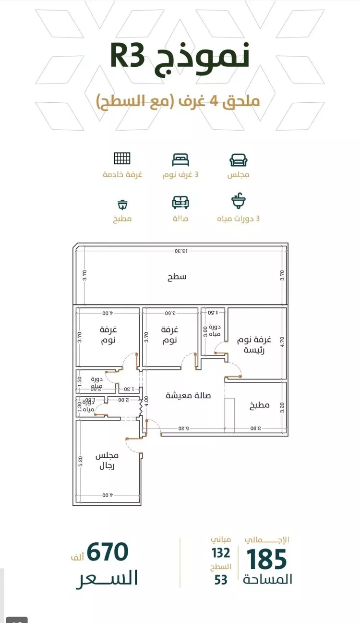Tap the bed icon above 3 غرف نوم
tap(180, 159)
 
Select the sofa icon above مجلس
tap(238, 159)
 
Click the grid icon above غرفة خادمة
tap(122, 159)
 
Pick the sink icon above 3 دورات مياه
tap(238, 201)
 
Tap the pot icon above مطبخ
tap(123, 204)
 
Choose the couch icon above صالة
tap(180, 202)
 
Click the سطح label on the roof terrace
tap(177, 277)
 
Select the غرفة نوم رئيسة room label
tap(254, 344)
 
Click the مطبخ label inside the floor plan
tap(259, 405)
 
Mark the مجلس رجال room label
tap(107, 461)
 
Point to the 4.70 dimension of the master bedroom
tap(282, 341)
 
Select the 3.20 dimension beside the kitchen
tap(282, 407)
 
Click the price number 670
tap(108, 552)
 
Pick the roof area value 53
tap(221, 580)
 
